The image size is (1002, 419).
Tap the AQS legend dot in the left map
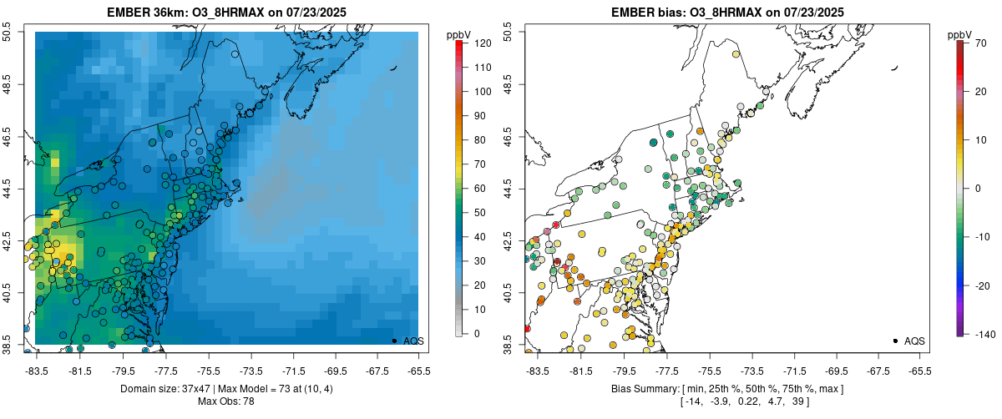click(394, 341)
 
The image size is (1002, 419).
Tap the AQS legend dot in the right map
click(895, 341)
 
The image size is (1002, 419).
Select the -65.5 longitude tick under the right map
click(919, 371)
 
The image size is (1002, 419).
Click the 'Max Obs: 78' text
click(226, 402)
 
